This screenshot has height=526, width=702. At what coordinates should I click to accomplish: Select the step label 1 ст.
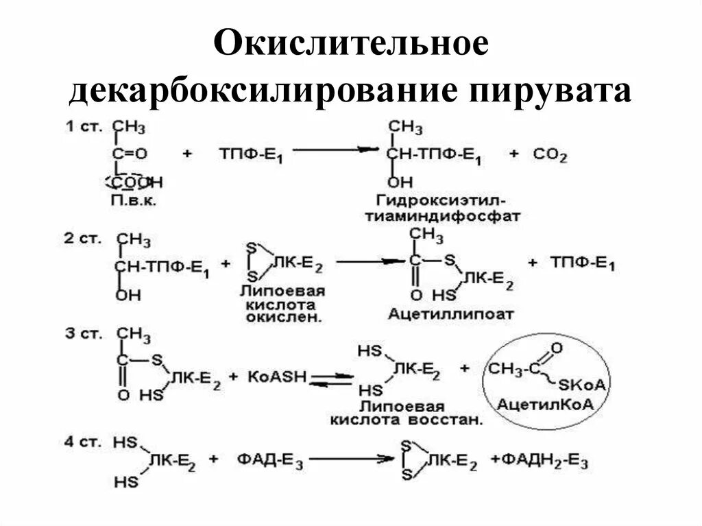click(x=81, y=126)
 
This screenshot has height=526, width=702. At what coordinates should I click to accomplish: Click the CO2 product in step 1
click(x=548, y=156)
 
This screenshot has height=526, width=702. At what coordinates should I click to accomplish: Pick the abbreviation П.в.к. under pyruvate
click(x=134, y=201)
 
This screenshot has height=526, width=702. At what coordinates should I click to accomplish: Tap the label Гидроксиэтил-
click(x=441, y=201)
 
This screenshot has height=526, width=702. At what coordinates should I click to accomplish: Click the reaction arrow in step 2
click(x=370, y=261)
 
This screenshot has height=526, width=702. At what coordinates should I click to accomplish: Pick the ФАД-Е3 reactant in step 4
click(x=269, y=459)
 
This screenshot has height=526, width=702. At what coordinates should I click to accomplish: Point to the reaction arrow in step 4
click(x=349, y=458)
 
